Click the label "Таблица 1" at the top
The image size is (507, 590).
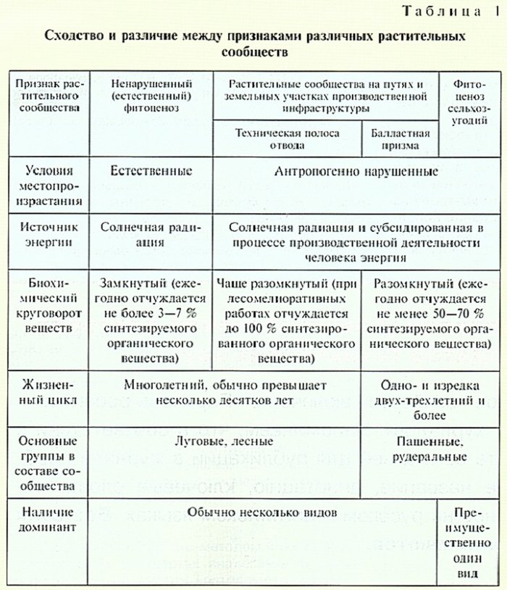click(x=440, y=12)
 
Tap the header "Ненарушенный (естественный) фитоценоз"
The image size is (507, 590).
click(x=151, y=95)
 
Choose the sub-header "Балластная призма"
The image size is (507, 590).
click(x=400, y=138)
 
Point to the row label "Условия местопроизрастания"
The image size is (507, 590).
click(x=49, y=187)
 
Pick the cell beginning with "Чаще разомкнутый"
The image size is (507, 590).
click(x=287, y=319)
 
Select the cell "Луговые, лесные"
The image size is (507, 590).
click(x=225, y=441)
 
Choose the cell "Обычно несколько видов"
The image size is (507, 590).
click(x=261, y=512)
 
